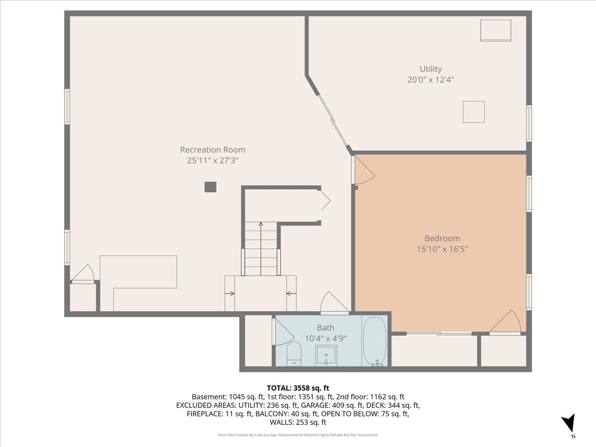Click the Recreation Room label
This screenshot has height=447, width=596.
tap(213, 149)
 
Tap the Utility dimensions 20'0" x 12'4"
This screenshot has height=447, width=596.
tap(431, 80)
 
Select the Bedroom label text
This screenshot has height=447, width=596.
tap(443, 238)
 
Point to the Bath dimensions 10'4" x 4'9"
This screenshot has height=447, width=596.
tap(325, 339)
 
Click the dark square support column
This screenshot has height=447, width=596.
tap(211, 187)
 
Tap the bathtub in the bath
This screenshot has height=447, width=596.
tap(375, 341)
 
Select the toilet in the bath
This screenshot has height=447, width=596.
tap(294, 354)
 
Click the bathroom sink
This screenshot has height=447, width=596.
tap(326, 356)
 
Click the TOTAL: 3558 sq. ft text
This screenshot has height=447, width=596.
tap(298, 388)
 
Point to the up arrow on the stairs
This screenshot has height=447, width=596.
tap(261, 249)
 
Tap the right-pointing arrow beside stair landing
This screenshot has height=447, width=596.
tap(230, 294)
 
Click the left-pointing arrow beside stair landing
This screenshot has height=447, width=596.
tap(292, 294)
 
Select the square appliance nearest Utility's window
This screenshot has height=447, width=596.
tap(474, 112)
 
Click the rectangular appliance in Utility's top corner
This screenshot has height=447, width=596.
tap(496, 30)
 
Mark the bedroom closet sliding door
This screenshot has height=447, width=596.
tap(439, 333)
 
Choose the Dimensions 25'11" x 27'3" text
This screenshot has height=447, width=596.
tap(213, 160)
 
